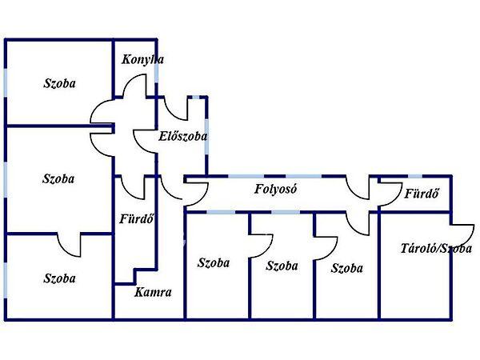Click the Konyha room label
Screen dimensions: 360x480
143,60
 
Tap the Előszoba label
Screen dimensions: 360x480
183,136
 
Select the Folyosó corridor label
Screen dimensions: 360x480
276,190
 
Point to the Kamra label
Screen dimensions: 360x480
153,292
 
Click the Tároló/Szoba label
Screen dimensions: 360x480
435,248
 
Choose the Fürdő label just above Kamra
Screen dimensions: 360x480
136,218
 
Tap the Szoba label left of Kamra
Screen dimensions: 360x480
59,278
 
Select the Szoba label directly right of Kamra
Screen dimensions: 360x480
214,262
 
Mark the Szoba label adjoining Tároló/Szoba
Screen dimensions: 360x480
346,268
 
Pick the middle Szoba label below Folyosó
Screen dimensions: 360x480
282,266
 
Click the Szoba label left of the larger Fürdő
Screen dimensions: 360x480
58,179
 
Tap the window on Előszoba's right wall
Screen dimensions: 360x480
206,133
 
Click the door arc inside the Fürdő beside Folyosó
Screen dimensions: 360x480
390,195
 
